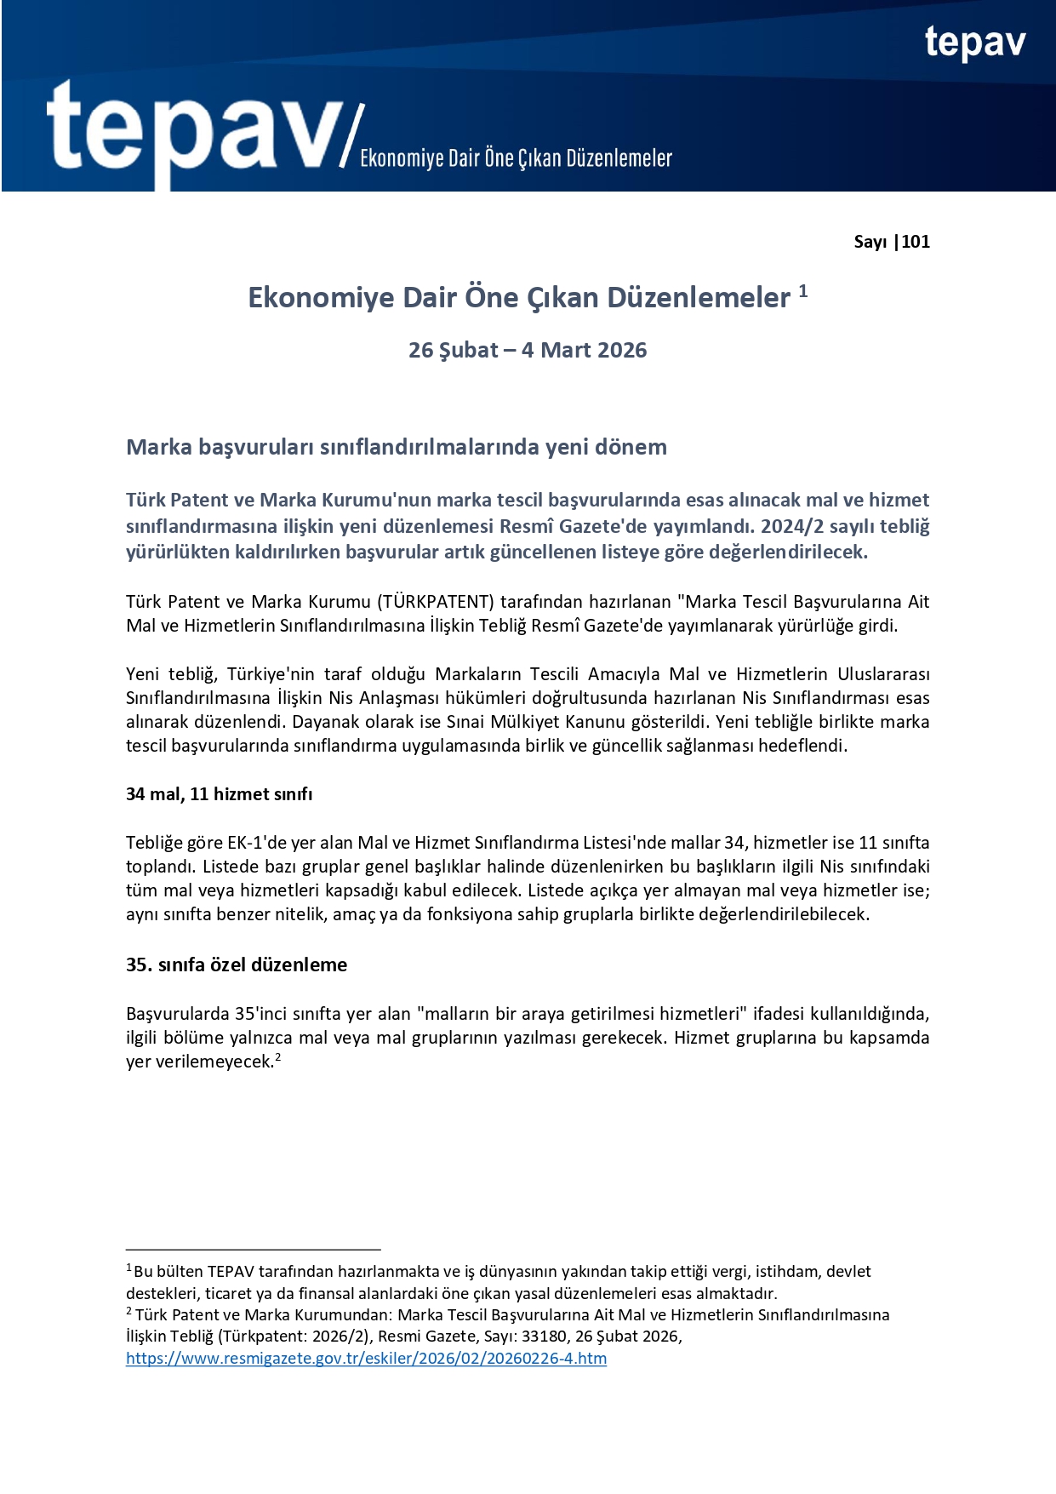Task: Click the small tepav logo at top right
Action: click(975, 43)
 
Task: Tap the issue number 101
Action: click(916, 242)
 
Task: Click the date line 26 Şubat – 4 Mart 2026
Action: click(528, 350)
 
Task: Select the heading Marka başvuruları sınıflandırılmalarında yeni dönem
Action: click(396, 447)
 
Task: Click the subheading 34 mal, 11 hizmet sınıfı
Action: click(219, 794)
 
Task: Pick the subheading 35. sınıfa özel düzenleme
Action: click(237, 965)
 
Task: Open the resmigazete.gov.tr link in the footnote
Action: click(366, 1358)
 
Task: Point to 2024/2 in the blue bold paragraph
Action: click(792, 526)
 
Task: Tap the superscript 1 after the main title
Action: click(803, 291)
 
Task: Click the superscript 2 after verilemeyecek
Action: click(277, 1057)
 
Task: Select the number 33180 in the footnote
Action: click(544, 1336)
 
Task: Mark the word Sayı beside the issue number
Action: click(870, 242)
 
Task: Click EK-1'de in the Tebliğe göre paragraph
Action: click(256, 843)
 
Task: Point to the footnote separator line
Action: click(253, 1250)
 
